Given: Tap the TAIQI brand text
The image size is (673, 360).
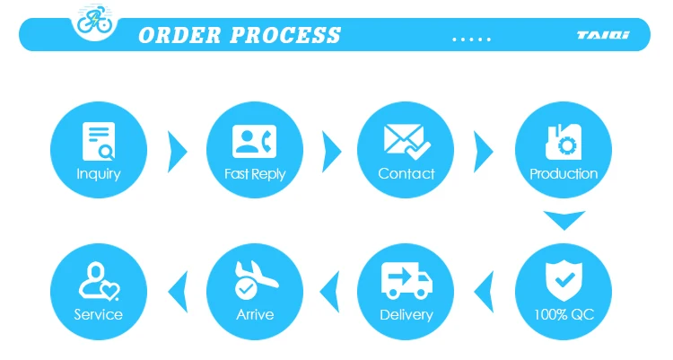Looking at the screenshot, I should coord(603,37).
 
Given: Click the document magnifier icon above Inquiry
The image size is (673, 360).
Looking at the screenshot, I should coord(98,140).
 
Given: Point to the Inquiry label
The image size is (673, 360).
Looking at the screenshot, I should coord(98,174).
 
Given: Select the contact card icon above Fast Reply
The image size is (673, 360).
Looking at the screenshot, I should coord(255,140).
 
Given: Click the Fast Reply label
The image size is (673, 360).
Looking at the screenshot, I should coord(255,174).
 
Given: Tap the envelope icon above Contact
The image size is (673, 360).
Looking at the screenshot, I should coord(406,140).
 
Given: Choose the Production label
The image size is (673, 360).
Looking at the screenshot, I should coord(564,174).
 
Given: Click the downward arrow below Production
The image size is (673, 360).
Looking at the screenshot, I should coord(564,220).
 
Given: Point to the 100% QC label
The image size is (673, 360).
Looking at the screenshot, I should coord(564,315).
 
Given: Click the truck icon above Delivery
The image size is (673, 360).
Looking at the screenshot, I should coord(406,279).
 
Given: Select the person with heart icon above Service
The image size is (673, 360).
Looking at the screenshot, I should coord(98,280).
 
